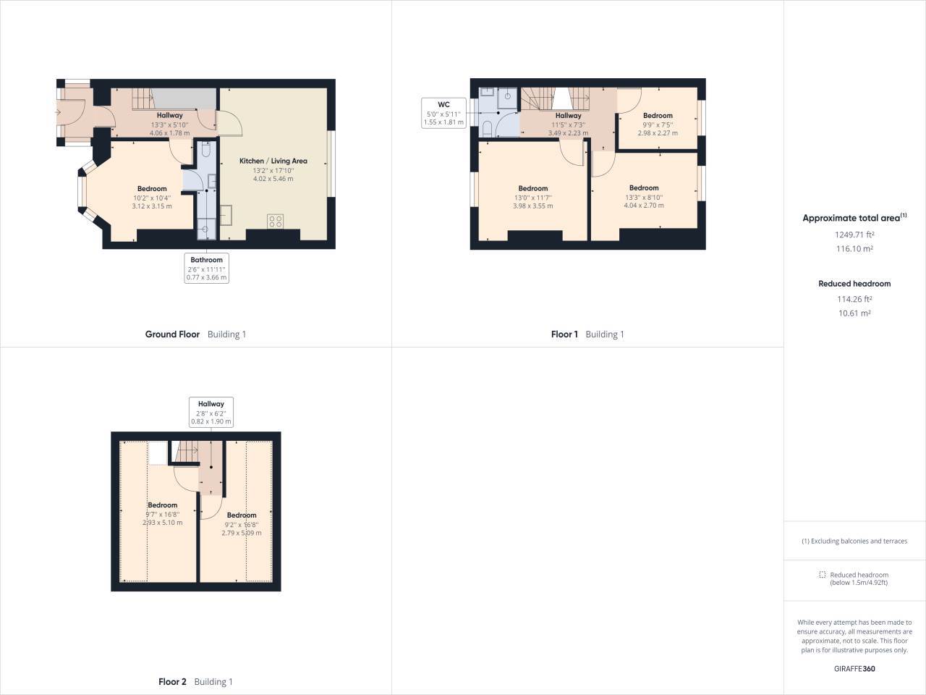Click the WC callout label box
click(x=444, y=114)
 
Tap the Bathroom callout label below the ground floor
click(x=207, y=268)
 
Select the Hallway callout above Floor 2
click(x=211, y=412)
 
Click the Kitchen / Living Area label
click(x=273, y=161)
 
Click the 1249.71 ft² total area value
click(x=854, y=235)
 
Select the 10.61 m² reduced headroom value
click(x=854, y=313)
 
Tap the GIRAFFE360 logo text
click(x=854, y=669)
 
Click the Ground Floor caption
click(x=172, y=334)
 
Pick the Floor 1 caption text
click(x=564, y=334)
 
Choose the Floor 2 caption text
click(x=172, y=682)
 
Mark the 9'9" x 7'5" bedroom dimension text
click(x=658, y=125)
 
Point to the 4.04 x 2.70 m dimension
click(x=644, y=206)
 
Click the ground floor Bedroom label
click(x=152, y=189)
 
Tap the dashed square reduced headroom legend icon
click(x=822, y=575)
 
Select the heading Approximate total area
click(x=851, y=218)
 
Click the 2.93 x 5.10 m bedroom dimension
click(x=162, y=523)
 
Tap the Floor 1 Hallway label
click(x=568, y=116)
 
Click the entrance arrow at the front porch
click(x=58, y=112)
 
